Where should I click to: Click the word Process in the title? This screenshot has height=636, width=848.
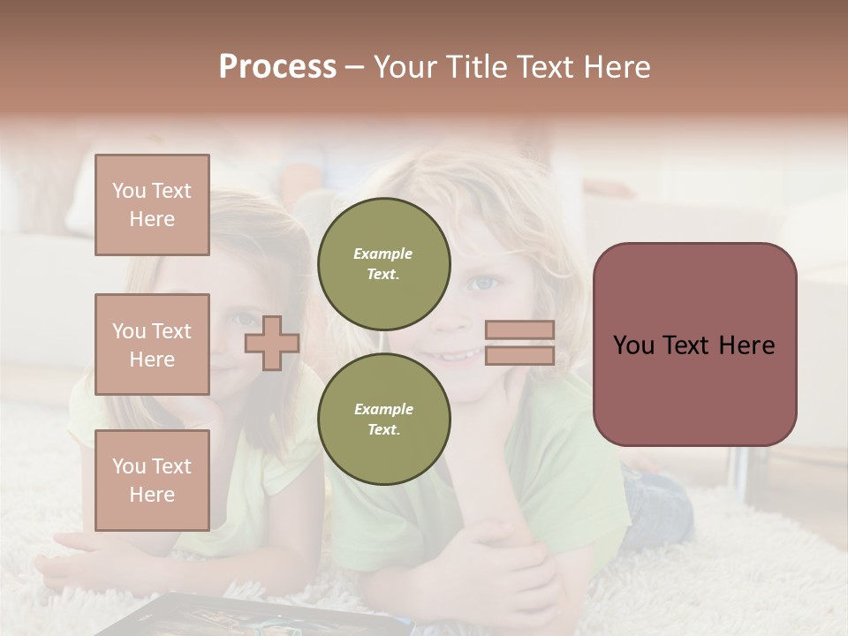(277, 67)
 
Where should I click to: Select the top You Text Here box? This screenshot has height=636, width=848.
(152, 205)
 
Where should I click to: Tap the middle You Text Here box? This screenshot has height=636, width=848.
(152, 344)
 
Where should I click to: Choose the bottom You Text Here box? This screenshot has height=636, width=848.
(152, 481)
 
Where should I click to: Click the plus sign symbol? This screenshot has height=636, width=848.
(271, 343)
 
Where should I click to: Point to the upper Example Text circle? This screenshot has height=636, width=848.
(383, 264)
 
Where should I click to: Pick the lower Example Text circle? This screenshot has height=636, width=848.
(383, 420)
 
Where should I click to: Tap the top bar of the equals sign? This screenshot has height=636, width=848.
(519, 329)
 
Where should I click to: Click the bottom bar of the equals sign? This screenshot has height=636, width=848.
(519, 356)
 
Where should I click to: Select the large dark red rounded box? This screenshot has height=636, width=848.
(694, 344)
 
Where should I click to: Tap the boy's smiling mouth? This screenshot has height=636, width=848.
(459, 355)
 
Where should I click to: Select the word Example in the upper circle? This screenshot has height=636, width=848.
(383, 254)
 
